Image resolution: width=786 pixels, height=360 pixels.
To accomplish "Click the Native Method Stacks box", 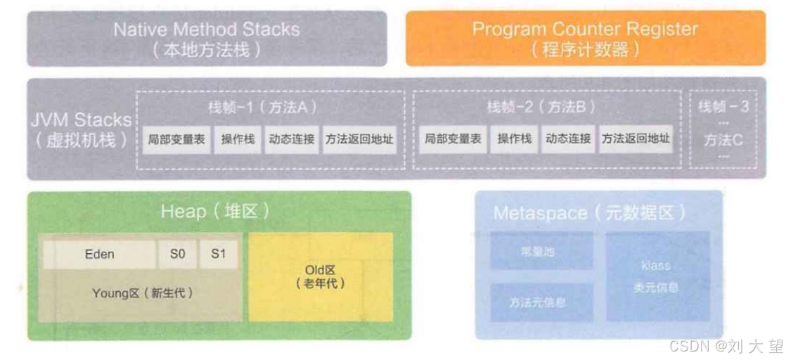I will pyautogui.click(x=207, y=39).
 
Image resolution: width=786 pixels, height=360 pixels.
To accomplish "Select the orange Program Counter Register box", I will pyautogui.click(x=585, y=39).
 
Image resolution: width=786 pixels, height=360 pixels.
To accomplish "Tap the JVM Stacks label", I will pyautogui.click(x=82, y=129).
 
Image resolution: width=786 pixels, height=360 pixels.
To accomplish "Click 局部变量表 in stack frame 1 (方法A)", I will pyautogui.click(x=176, y=139).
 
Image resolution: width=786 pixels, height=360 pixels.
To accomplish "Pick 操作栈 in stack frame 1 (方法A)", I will pyautogui.click(x=238, y=139).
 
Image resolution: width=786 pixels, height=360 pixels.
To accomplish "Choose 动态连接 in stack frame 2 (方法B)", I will pyautogui.click(x=568, y=139).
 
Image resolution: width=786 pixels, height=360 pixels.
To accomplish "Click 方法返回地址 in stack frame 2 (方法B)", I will pyautogui.click(x=635, y=139).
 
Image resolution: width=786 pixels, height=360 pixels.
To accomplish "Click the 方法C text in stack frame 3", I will pyautogui.click(x=723, y=140).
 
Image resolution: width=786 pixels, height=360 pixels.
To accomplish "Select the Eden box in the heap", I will pyautogui.click(x=99, y=255).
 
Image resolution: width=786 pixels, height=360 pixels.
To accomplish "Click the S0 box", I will pyautogui.click(x=178, y=255).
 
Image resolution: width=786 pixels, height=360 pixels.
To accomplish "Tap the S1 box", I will pyautogui.click(x=219, y=255).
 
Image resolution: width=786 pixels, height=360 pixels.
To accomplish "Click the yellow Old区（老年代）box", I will pyautogui.click(x=320, y=276).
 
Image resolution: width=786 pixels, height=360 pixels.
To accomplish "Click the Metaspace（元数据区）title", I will pyautogui.click(x=589, y=213).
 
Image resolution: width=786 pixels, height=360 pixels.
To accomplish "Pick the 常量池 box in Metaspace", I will pyautogui.click(x=541, y=251).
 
